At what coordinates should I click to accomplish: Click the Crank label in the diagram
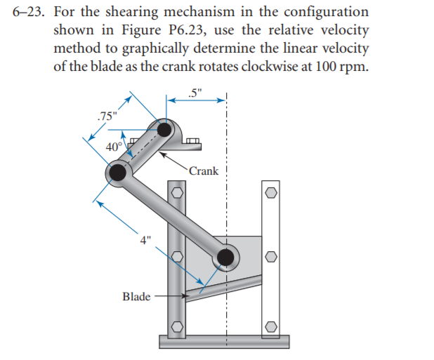(204, 171)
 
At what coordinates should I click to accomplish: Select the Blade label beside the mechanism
(136, 296)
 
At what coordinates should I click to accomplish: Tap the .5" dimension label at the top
(195, 90)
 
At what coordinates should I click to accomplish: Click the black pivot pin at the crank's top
(164, 130)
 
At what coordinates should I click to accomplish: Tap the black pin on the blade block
(225, 258)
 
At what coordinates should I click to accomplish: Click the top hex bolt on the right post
(271, 192)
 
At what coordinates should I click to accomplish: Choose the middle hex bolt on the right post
(271, 258)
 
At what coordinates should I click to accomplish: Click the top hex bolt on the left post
(178, 192)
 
